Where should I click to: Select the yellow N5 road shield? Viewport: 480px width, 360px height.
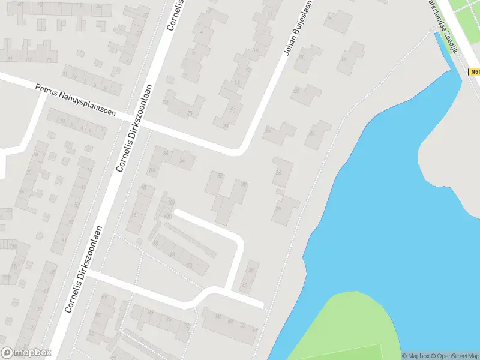pos(474,71)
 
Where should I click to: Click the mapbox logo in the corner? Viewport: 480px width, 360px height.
pos(25,353)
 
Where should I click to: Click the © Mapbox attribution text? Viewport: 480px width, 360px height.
pos(416,356)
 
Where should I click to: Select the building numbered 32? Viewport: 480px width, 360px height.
pos(220,176)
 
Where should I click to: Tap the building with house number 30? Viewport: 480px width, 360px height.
pos(244,184)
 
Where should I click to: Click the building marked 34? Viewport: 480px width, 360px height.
pos(182,161)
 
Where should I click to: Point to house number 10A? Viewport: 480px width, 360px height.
pos(170,202)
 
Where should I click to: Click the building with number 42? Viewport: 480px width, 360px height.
pos(244,286)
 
